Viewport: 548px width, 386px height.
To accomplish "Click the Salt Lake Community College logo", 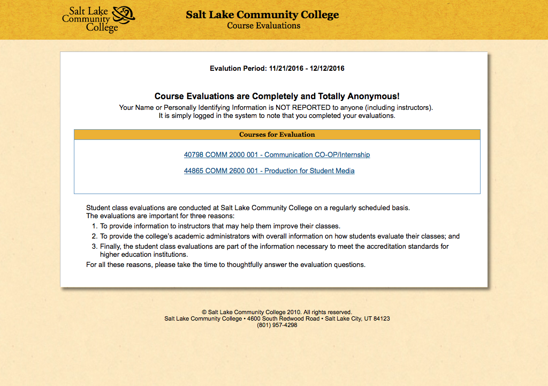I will click(x=98, y=19).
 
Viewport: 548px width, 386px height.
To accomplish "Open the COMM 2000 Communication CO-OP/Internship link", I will click(x=277, y=155).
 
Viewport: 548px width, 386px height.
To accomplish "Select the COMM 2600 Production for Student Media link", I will click(x=269, y=171).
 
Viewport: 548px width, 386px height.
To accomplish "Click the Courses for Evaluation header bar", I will click(x=277, y=135).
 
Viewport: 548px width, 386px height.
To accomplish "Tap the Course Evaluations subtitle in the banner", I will click(x=263, y=26).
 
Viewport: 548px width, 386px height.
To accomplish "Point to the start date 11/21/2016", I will click(x=286, y=69).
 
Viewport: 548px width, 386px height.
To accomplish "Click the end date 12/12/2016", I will click(x=327, y=69).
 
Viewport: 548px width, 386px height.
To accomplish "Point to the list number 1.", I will click(x=94, y=226).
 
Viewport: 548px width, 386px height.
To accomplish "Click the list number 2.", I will click(x=94, y=236).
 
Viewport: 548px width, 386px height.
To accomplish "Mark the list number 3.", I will click(x=94, y=247).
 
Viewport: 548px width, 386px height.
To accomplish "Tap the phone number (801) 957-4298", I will click(x=277, y=325).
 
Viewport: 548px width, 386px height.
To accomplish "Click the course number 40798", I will click(x=194, y=155).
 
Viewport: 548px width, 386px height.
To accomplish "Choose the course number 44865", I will click(x=194, y=171).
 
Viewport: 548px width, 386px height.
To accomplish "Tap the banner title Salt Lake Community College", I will click(x=262, y=15).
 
